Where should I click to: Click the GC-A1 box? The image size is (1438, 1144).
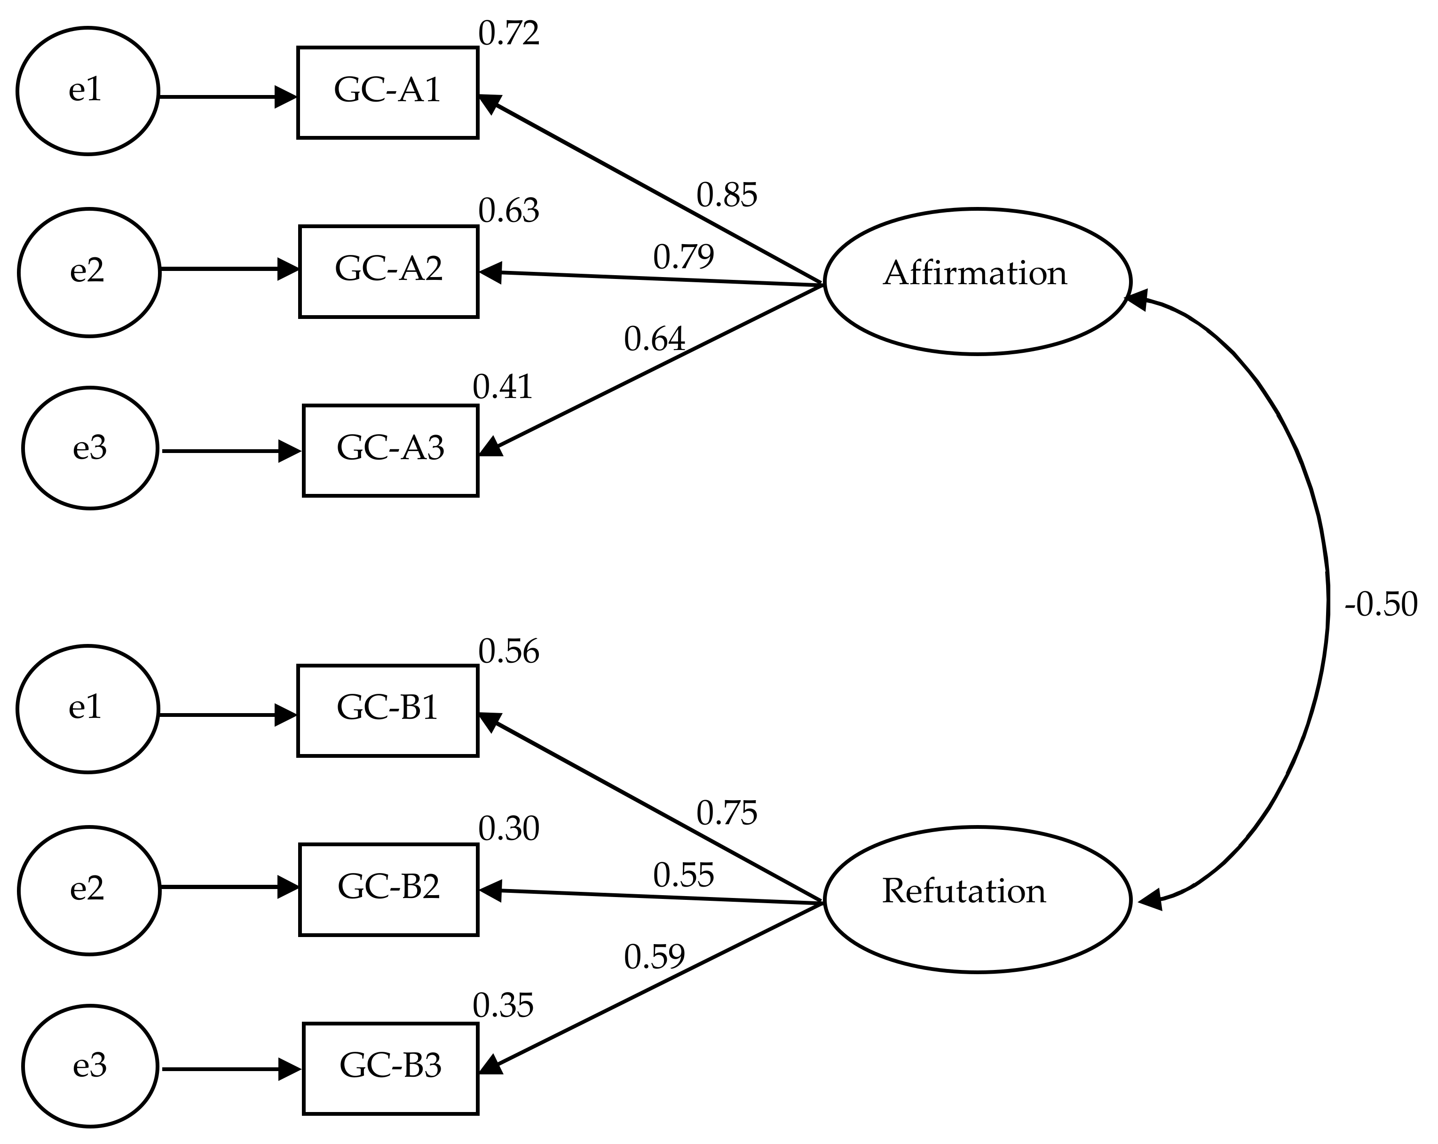(x=387, y=92)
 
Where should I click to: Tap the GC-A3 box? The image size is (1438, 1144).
(x=390, y=450)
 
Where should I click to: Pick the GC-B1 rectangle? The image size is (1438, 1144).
(x=387, y=710)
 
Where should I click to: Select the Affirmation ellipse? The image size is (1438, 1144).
(x=976, y=281)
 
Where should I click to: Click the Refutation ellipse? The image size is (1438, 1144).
(x=976, y=899)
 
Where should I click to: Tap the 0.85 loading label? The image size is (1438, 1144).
(x=727, y=195)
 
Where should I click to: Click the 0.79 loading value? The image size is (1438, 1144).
(x=683, y=257)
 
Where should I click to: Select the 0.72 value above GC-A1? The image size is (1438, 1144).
(x=508, y=33)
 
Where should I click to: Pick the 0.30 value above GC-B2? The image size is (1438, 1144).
(x=508, y=828)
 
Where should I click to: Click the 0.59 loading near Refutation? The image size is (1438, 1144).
(x=654, y=957)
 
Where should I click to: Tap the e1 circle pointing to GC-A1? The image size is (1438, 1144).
(x=87, y=91)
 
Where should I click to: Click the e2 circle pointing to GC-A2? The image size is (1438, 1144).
(x=89, y=272)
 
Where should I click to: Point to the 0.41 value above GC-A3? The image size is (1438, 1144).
(x=503, y=387)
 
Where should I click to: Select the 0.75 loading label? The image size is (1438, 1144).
(x=727, y=813)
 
